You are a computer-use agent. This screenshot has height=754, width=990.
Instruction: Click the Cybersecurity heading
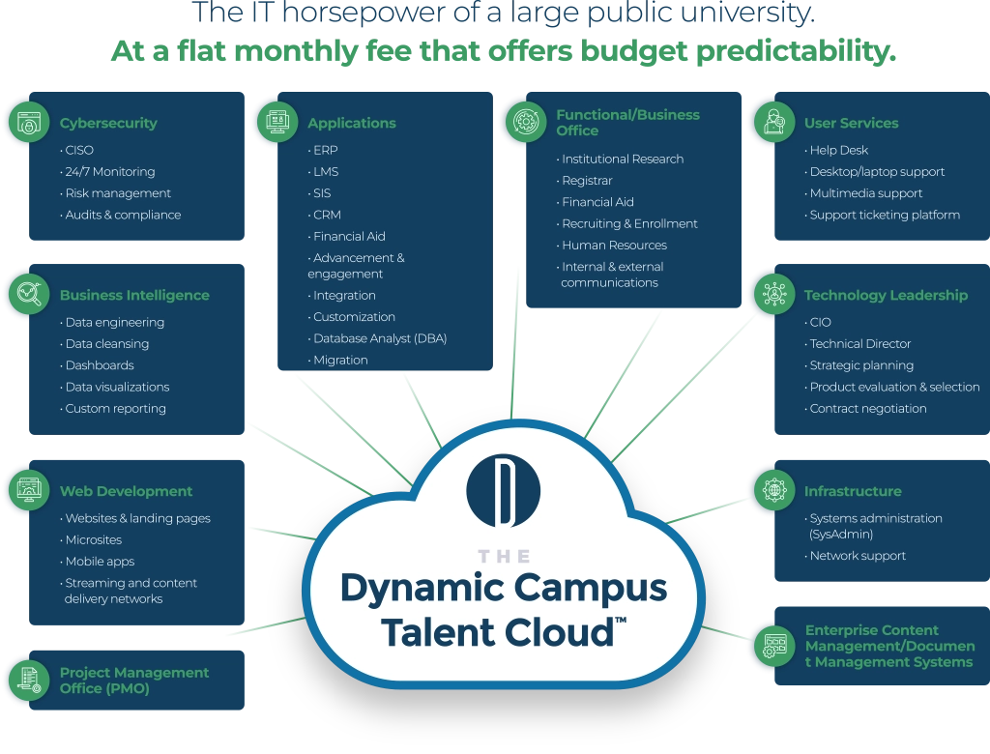coord(108,123)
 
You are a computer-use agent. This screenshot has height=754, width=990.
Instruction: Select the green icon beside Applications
coord(277,122)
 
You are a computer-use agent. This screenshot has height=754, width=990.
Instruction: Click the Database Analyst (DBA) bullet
coord(379,338)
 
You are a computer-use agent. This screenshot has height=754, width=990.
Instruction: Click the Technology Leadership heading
coord(886,295)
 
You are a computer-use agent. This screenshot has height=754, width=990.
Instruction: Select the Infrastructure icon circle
coord(774,490)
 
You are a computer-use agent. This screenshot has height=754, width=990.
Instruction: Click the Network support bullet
coord(857,556)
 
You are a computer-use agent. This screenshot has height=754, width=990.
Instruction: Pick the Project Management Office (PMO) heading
coord(133,681)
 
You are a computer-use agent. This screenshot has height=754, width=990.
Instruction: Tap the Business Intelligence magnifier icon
coord(29,294)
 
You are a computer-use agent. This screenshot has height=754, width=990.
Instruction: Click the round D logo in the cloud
coord(503,491)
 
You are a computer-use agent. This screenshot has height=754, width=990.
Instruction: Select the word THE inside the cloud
coord(504,557)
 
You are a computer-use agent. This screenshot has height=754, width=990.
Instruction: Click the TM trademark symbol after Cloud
coord(621,621)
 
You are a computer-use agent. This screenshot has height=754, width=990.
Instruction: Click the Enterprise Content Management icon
coord(774,646)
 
